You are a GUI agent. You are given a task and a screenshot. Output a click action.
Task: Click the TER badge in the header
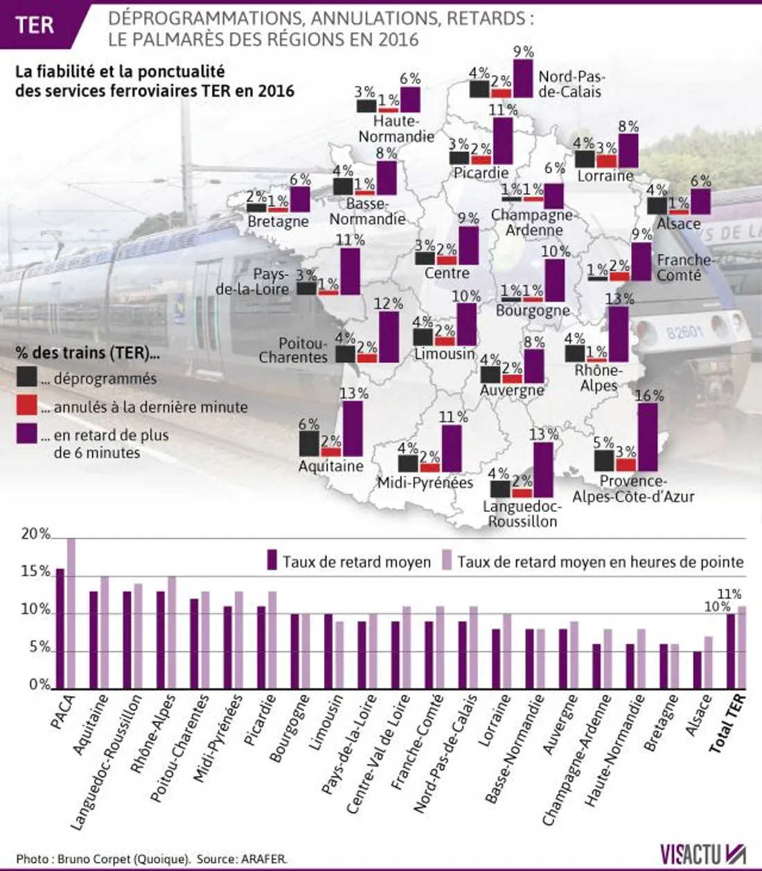pyautogui.click(x=35, y=25)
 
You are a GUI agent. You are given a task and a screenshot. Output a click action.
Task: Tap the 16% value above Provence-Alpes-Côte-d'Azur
pyautogui.click(x=649, y=396)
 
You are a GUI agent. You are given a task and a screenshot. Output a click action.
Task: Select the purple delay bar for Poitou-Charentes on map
pyautogui.click(x=389, y=337)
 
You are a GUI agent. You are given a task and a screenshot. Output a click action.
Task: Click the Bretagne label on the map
pyautogui.click(x=278, y=221)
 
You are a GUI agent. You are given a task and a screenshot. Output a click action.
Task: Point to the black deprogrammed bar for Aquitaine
pyautogui.click(x=309, y=444)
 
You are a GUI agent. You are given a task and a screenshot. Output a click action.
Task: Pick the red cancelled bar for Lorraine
pyautogui.click(x=606, y=161)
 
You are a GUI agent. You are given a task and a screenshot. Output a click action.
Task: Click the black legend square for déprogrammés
pyautogui.click(x=27, y=377)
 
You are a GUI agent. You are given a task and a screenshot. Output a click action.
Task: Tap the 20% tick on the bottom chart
pyautogui.click(x=35, y=535)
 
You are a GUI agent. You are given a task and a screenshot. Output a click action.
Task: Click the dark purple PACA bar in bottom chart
pyautogui.click(x=60, y=628)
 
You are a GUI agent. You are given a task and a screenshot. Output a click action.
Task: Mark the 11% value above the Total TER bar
pyautogui.click(x=729, y=594)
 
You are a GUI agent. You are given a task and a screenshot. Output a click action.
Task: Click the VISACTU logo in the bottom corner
pyautogui.click(x=702, y=853)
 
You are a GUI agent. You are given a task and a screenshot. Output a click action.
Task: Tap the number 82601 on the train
pyautogui.click(x=684, y=332)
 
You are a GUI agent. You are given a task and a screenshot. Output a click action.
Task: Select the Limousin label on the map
pyautogui.click(x=445, y=354)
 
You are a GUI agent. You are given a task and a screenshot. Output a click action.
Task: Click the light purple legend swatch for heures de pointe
pyautogui.click(x=448, y=560)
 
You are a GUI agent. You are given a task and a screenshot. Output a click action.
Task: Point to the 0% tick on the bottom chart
pyautogui.click(x=39, y=685)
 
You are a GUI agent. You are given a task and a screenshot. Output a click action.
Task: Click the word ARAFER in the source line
pyautogui.click(x=263, y=859)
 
